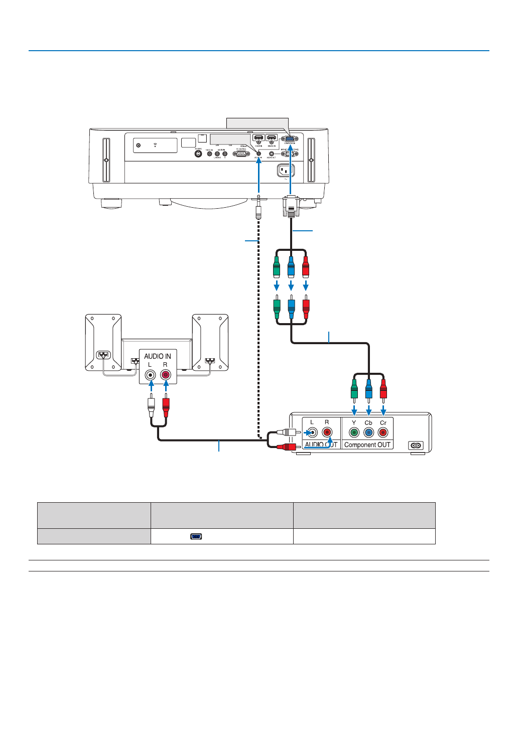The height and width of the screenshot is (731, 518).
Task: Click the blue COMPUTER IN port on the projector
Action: click(290, 139)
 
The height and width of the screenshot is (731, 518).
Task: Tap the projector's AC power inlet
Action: click(286, 171)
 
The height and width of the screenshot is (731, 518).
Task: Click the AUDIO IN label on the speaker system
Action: click(158, 356)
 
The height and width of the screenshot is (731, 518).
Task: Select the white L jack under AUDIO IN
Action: click(150, 374)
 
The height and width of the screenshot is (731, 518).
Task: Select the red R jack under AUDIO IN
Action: click(166, 374)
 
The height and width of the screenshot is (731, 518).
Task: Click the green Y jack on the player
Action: click(354, 432)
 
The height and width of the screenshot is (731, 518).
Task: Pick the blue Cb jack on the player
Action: click(369, 432)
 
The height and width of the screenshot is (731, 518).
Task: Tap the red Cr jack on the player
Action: click(383, 432)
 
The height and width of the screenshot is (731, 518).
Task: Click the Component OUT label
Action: click(367, 445)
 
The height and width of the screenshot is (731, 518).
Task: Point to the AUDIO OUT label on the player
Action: click(321, 445)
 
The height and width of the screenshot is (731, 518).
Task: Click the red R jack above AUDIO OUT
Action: click(327, 432)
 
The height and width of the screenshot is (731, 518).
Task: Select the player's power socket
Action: click(416, 446)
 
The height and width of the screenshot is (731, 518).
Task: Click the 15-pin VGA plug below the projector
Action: click(291, 206)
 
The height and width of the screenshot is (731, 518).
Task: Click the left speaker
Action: click(103, 342)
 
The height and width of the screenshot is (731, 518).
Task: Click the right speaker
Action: click(210, 342)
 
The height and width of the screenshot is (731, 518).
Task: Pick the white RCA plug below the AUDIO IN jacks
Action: click(151, 404)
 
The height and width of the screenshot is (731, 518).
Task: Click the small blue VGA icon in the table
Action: click(196, 536)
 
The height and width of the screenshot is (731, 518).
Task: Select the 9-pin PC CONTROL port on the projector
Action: click(241, 154)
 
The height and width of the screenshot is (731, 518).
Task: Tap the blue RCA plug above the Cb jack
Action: click(369, 389)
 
